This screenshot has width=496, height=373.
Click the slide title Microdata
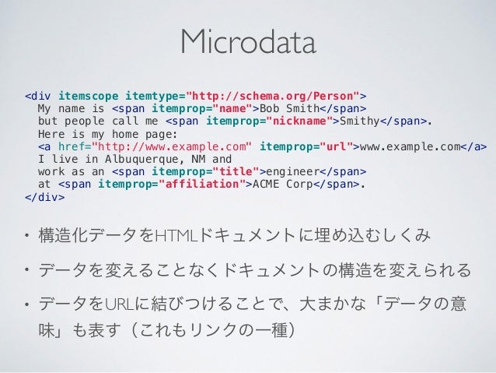[248, 44]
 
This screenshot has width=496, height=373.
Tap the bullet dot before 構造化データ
[26, 235]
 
